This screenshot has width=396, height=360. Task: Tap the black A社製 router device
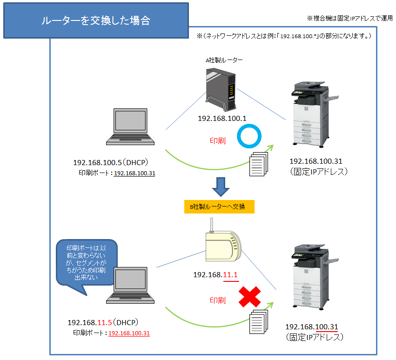pos(219,87)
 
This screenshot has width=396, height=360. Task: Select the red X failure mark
pos(249,297)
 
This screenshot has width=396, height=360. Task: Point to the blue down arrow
pos(221,186)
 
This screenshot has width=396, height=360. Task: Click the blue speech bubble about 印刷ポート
pos(86,263)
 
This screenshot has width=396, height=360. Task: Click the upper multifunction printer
pos(310,116)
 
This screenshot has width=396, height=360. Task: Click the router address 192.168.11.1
pos(215,274)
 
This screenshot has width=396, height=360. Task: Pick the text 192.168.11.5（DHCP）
pos(104,322)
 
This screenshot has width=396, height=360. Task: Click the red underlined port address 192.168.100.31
pos(129,333)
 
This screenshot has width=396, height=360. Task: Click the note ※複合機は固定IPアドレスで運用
pos(349,18)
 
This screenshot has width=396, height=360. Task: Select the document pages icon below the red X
pos(260,321)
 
